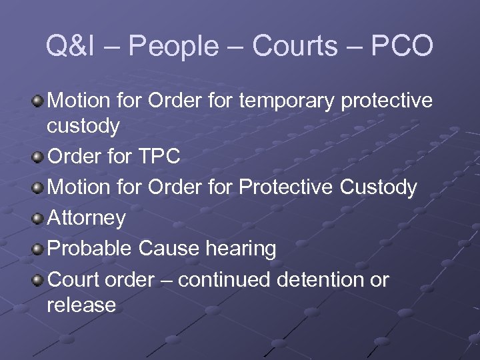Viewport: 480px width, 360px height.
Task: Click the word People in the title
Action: tap(172, 47)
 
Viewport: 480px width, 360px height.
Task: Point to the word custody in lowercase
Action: tap(83, 126)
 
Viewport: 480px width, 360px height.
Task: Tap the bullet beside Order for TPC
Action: tap(38, 157)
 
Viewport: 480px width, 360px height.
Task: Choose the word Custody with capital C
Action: tap(379, 187)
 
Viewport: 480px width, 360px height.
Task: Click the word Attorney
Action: tap(87, 218)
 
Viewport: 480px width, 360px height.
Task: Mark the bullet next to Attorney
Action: tap(38, 219)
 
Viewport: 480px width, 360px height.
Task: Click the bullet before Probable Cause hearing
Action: tap(38, 249)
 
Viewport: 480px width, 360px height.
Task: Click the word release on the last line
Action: tap(81, 305)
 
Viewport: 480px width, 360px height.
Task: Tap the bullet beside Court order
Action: tap(38, 280)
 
